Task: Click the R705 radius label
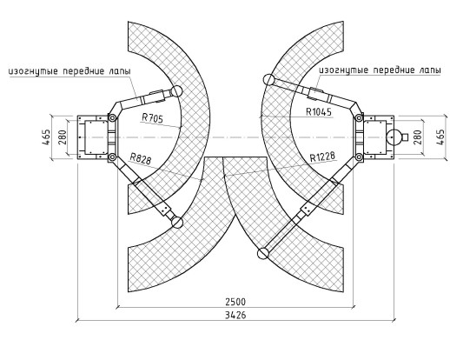(152, 118)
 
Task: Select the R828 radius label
(141, 158)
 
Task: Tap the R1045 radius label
(319, 111)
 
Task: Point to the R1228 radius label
(322, 157)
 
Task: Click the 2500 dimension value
(235, 302)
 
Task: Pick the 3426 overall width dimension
(235, 315)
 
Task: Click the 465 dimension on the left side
(46, 137)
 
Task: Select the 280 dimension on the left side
(63, 137)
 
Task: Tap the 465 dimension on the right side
(440, 137)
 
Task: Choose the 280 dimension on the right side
(417, 137)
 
